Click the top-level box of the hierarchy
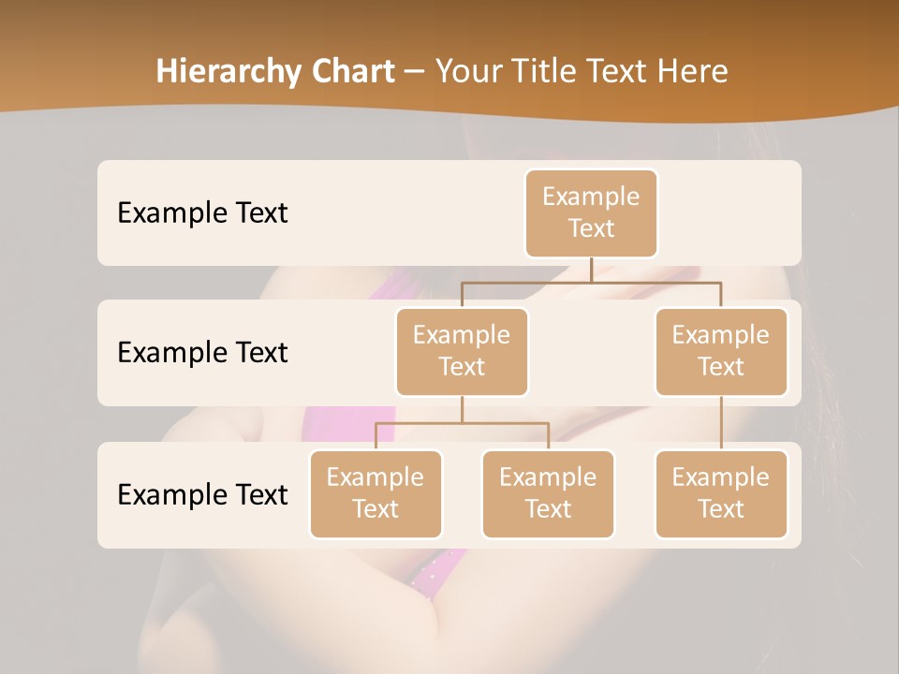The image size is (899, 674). (x=591, y=212)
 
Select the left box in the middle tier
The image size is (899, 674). (x=462, y=351)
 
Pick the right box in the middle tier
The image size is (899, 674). (x=721, y=351)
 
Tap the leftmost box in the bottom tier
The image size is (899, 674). (x=376, y=493)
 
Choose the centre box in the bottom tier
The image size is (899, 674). (x=548, y=493)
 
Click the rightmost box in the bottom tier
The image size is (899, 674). (x=721, y=493)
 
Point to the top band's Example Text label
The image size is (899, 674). (x=202, y=212)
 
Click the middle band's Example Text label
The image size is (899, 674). (x=202, y=352)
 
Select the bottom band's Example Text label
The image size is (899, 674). (x=202, y=494)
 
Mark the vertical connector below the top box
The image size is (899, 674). (x=591, y=270)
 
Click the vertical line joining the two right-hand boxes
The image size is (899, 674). (x=721, y=423)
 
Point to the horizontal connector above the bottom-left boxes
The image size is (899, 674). (x=462, y=423)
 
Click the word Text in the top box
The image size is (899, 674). (x=591, y=228)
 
